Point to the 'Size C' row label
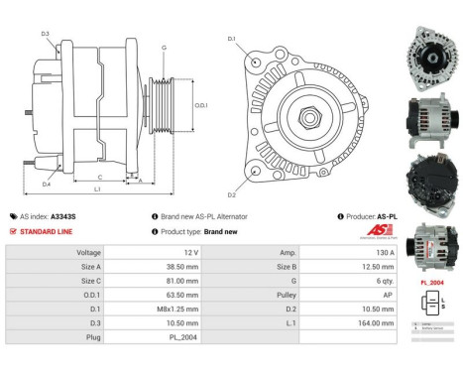[x=88, y=281]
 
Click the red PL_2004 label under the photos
[x=431, y=282]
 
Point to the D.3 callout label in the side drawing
[x=46, y=34]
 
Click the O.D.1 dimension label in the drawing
[x=200, y=105]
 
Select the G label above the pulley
[x=164, y=48]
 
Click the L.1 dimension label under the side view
[x=95, y=188]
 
